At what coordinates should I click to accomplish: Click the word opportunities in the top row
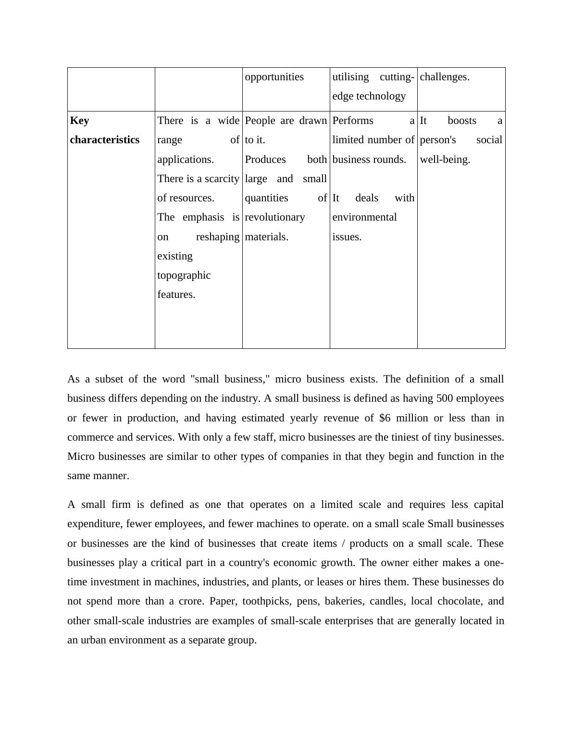click(274, 77)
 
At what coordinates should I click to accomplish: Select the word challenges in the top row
click(444, 77)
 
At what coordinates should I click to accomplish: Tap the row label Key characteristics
click(104, 130)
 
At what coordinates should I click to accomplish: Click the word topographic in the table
click(184, 275)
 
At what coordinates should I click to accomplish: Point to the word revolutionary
click(274, 217)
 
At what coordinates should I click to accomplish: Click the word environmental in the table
click(364, 217)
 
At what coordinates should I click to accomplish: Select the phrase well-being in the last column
click(445, 160)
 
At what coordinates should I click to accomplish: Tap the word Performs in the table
click(352, 121)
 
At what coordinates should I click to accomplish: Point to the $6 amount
click(385, 418)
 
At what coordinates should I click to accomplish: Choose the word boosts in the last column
click(461, 121)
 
